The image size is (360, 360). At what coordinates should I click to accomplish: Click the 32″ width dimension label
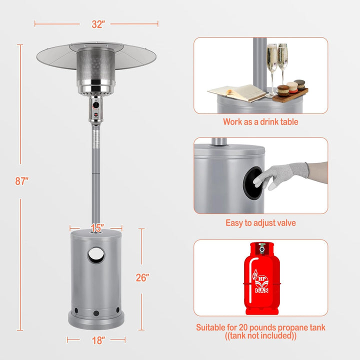(x=98, y=24)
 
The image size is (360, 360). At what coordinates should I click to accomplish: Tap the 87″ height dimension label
(x=22, y=181)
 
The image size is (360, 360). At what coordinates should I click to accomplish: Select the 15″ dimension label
(x=97, y=228)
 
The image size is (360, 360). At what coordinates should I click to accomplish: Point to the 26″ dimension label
(x=142, y=277)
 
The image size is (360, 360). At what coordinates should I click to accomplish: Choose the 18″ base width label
(x=98, y=340)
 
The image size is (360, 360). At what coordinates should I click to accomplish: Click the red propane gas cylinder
(x=261, y=278)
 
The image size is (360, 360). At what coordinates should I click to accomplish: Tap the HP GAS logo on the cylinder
(x=261, y=281)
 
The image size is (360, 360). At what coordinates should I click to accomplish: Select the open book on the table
(x=237, y=92)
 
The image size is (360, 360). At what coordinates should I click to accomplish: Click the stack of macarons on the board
(x=291, y=87)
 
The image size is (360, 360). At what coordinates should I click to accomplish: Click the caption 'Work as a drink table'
(x=260, y=121)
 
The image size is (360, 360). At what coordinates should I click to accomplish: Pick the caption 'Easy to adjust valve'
(x=260, y=223)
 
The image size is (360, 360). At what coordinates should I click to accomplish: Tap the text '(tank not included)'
(x=260, y=335)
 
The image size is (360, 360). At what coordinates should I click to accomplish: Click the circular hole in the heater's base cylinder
(x=96, y=255)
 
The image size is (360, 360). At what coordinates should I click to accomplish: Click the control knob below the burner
(x=95, y=105)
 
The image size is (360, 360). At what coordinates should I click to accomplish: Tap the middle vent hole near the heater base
(x=96, y=313)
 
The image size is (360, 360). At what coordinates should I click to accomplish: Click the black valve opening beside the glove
(x=253, y=183)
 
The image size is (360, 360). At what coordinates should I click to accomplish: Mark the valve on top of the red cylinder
(x=261, y=248)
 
